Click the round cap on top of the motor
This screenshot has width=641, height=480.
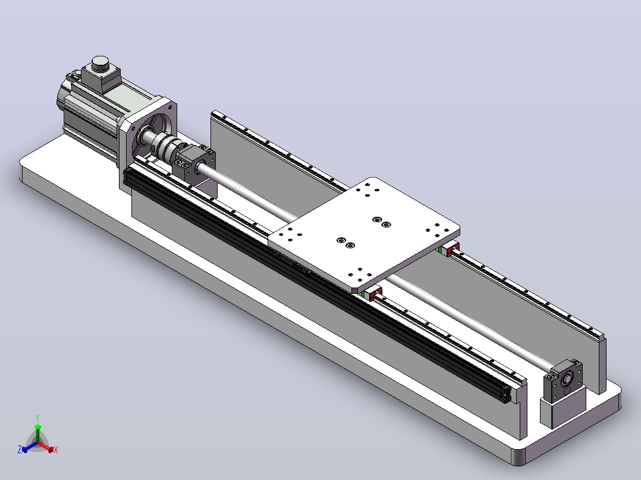click(x=100, y=64)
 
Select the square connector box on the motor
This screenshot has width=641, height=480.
click(x=101, y=79)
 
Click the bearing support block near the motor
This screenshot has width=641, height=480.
click(x=195, y=163)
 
